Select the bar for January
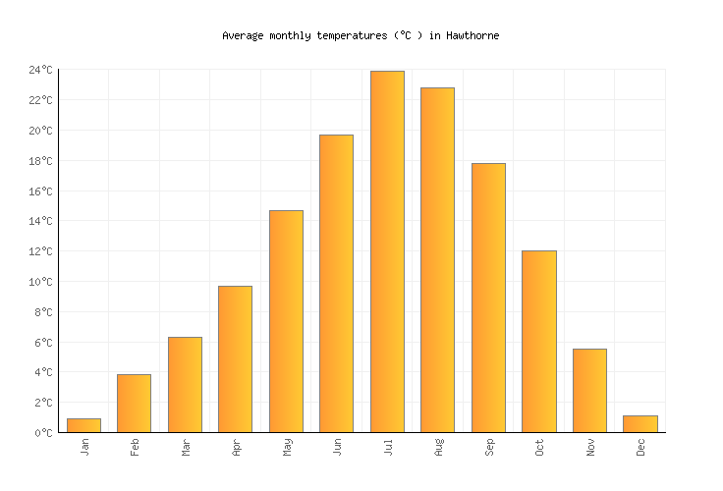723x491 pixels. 83,425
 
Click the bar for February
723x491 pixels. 134,404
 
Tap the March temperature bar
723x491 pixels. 185,385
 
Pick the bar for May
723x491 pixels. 286,321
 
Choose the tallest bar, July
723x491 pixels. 387,251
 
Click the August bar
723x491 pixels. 437,260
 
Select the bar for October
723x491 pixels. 538,342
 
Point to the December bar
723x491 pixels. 640,424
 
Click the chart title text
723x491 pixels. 361,35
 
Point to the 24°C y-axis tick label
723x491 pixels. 40,70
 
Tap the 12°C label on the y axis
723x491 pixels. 40,251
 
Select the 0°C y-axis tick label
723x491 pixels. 43,433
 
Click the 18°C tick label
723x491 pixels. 40,161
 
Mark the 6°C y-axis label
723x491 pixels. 43,343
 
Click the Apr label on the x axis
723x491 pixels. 236,448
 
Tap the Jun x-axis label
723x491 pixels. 337,448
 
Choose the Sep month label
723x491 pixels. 488,448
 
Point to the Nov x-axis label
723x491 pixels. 589,448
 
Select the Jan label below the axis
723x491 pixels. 84,448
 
